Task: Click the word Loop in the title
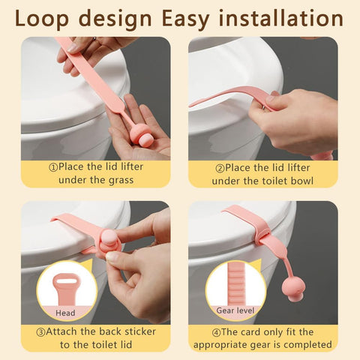tap(42, 19)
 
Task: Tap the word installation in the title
tap(281, 18)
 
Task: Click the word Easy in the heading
tap(186, 19)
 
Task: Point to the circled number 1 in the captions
tap(53, 167)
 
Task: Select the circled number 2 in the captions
tap(220, 168)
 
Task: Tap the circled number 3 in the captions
tap(40, 332)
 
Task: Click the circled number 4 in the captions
tap(217, 333)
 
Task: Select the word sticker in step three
tap(140, 331)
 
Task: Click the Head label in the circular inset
tap(65, 313)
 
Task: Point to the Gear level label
tap(235, 310)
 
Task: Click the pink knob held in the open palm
tap(140, 134)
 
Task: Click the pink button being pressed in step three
tap(109, 238)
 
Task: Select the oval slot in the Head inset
tap(66, 280)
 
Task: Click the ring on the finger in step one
tap(94, 39)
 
